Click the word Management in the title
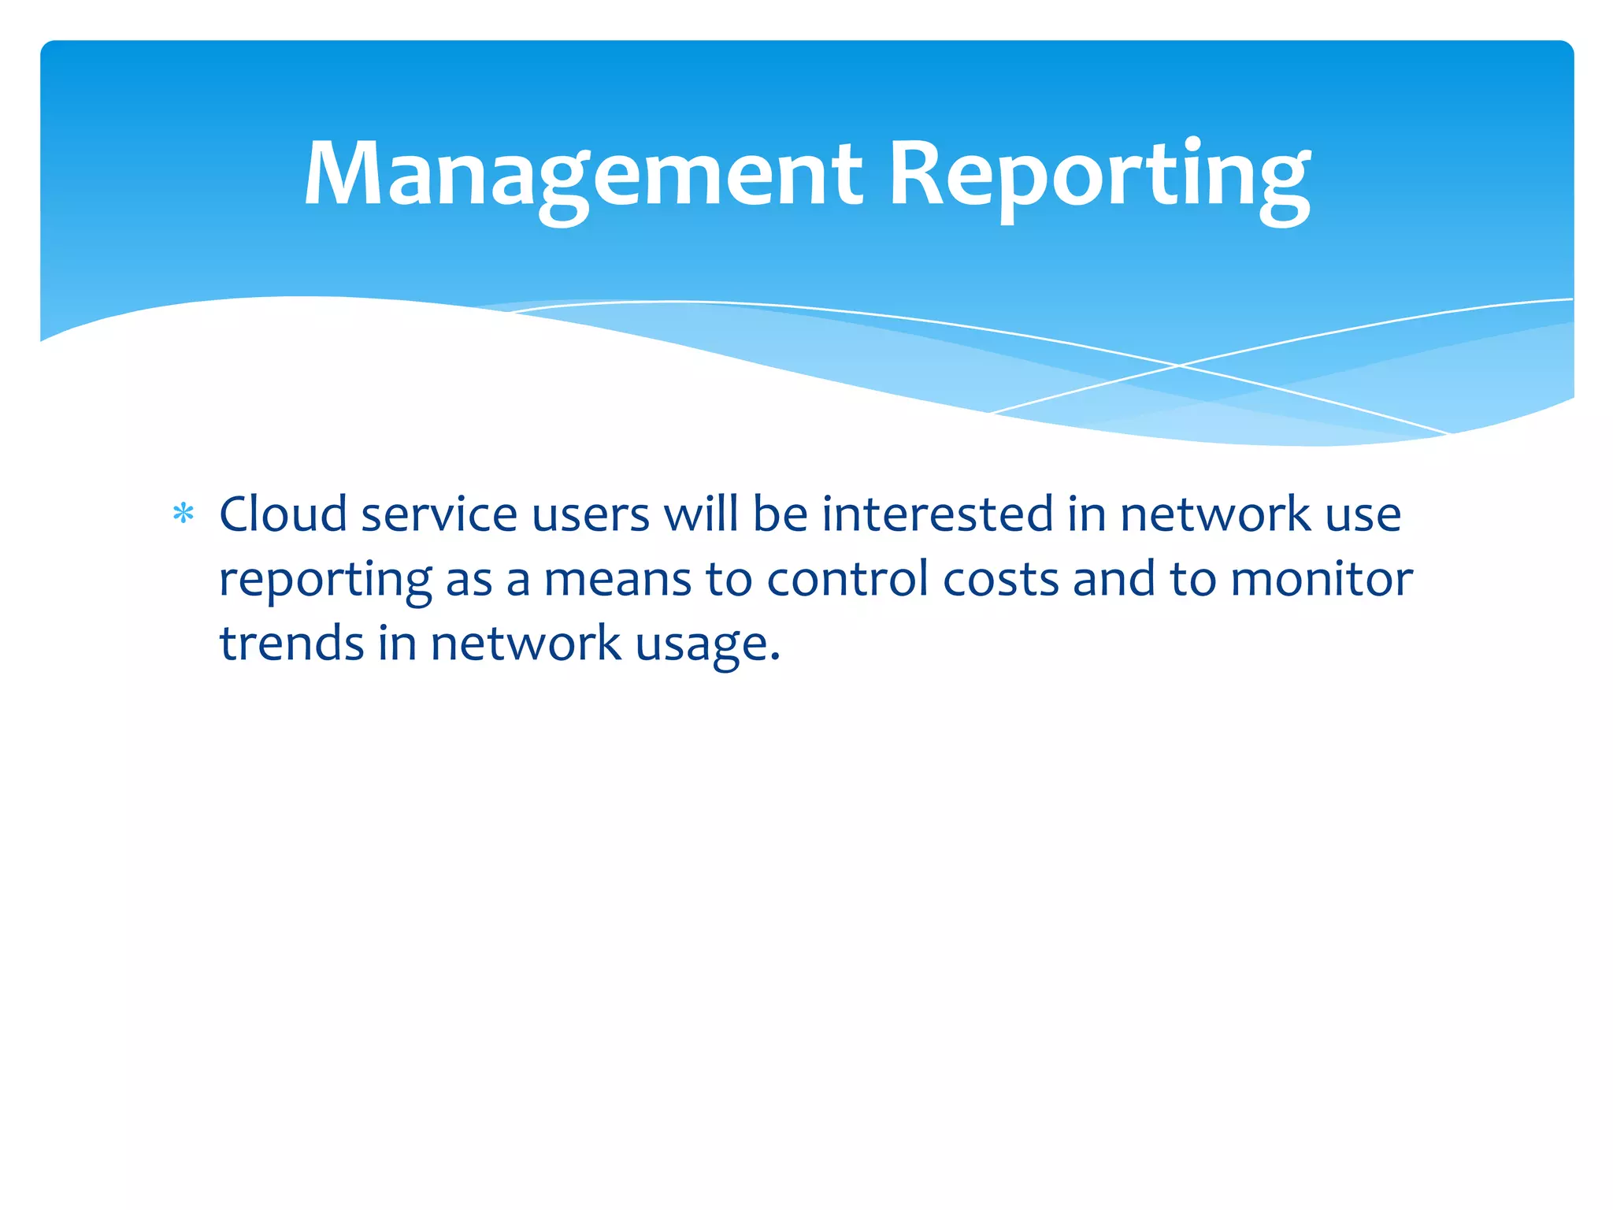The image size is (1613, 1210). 583,175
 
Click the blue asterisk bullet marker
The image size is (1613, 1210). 184,514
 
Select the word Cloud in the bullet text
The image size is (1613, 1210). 283,514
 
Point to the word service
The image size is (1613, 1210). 439,514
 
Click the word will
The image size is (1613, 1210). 701,514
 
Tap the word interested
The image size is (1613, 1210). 937,514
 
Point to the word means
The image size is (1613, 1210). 617,580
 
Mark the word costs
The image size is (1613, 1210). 1001,580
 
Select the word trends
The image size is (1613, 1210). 291,643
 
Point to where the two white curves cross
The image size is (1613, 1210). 1179,366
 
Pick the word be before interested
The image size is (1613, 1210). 780,514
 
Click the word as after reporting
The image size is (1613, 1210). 469,581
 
